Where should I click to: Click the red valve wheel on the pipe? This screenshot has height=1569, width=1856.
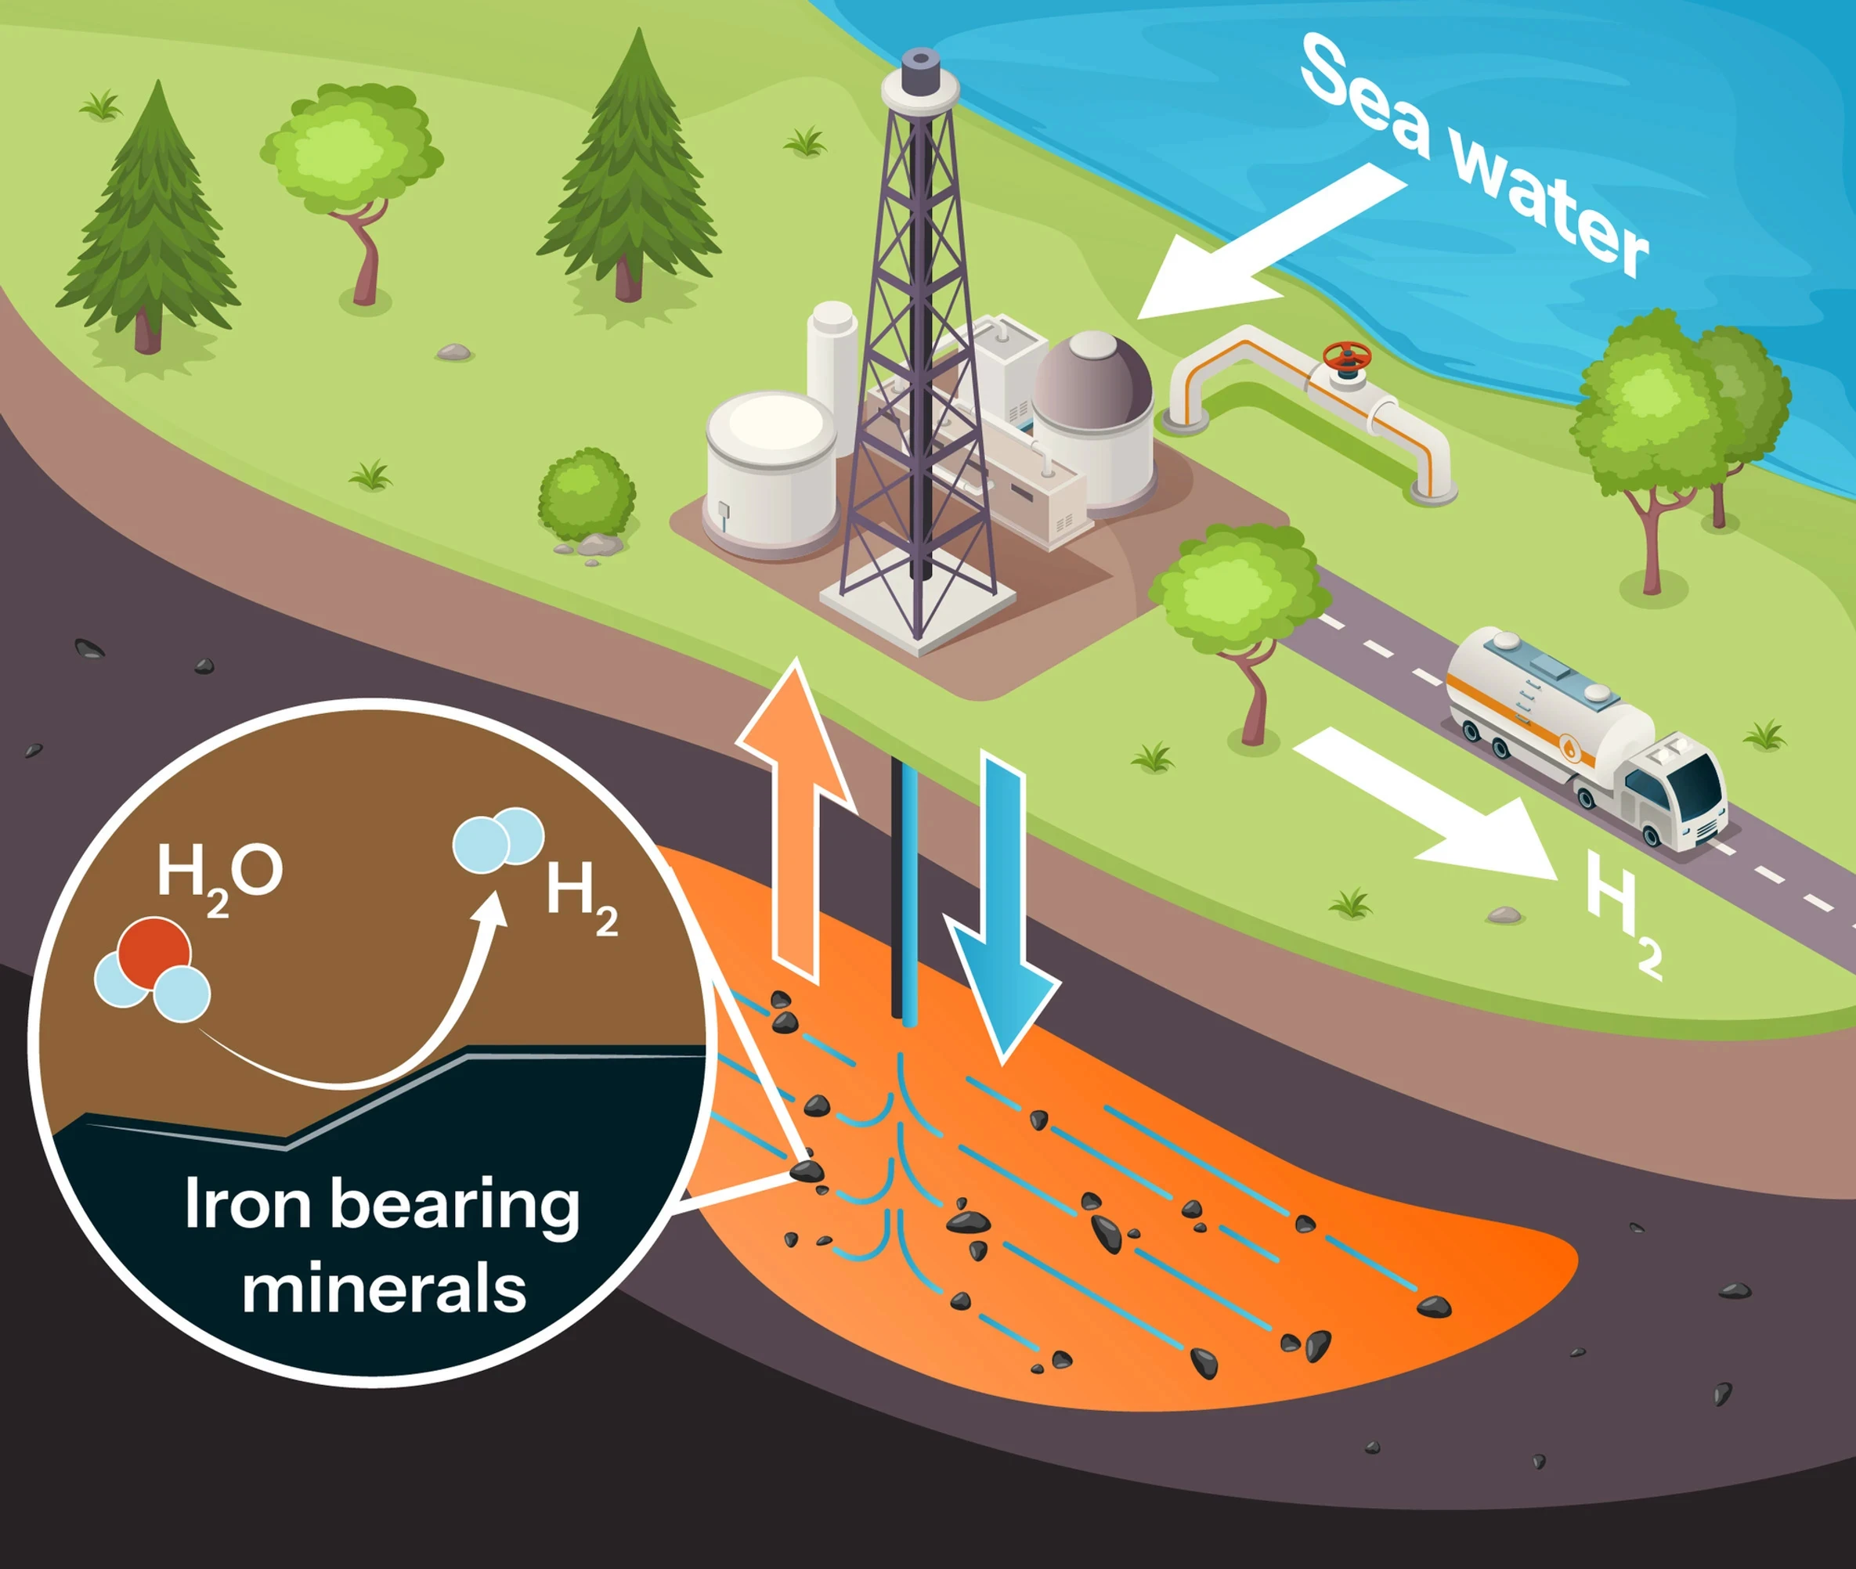[x=1346, y=355]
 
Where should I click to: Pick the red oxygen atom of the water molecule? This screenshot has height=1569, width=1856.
[x=155, y=950]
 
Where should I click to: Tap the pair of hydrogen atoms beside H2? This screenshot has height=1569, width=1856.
[x=498, y=839]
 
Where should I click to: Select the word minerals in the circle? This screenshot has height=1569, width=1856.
[x=385, y=1289]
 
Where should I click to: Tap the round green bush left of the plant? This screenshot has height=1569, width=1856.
[x=587, y=495]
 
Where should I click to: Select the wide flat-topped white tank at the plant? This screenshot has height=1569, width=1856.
[x=771, y=471]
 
